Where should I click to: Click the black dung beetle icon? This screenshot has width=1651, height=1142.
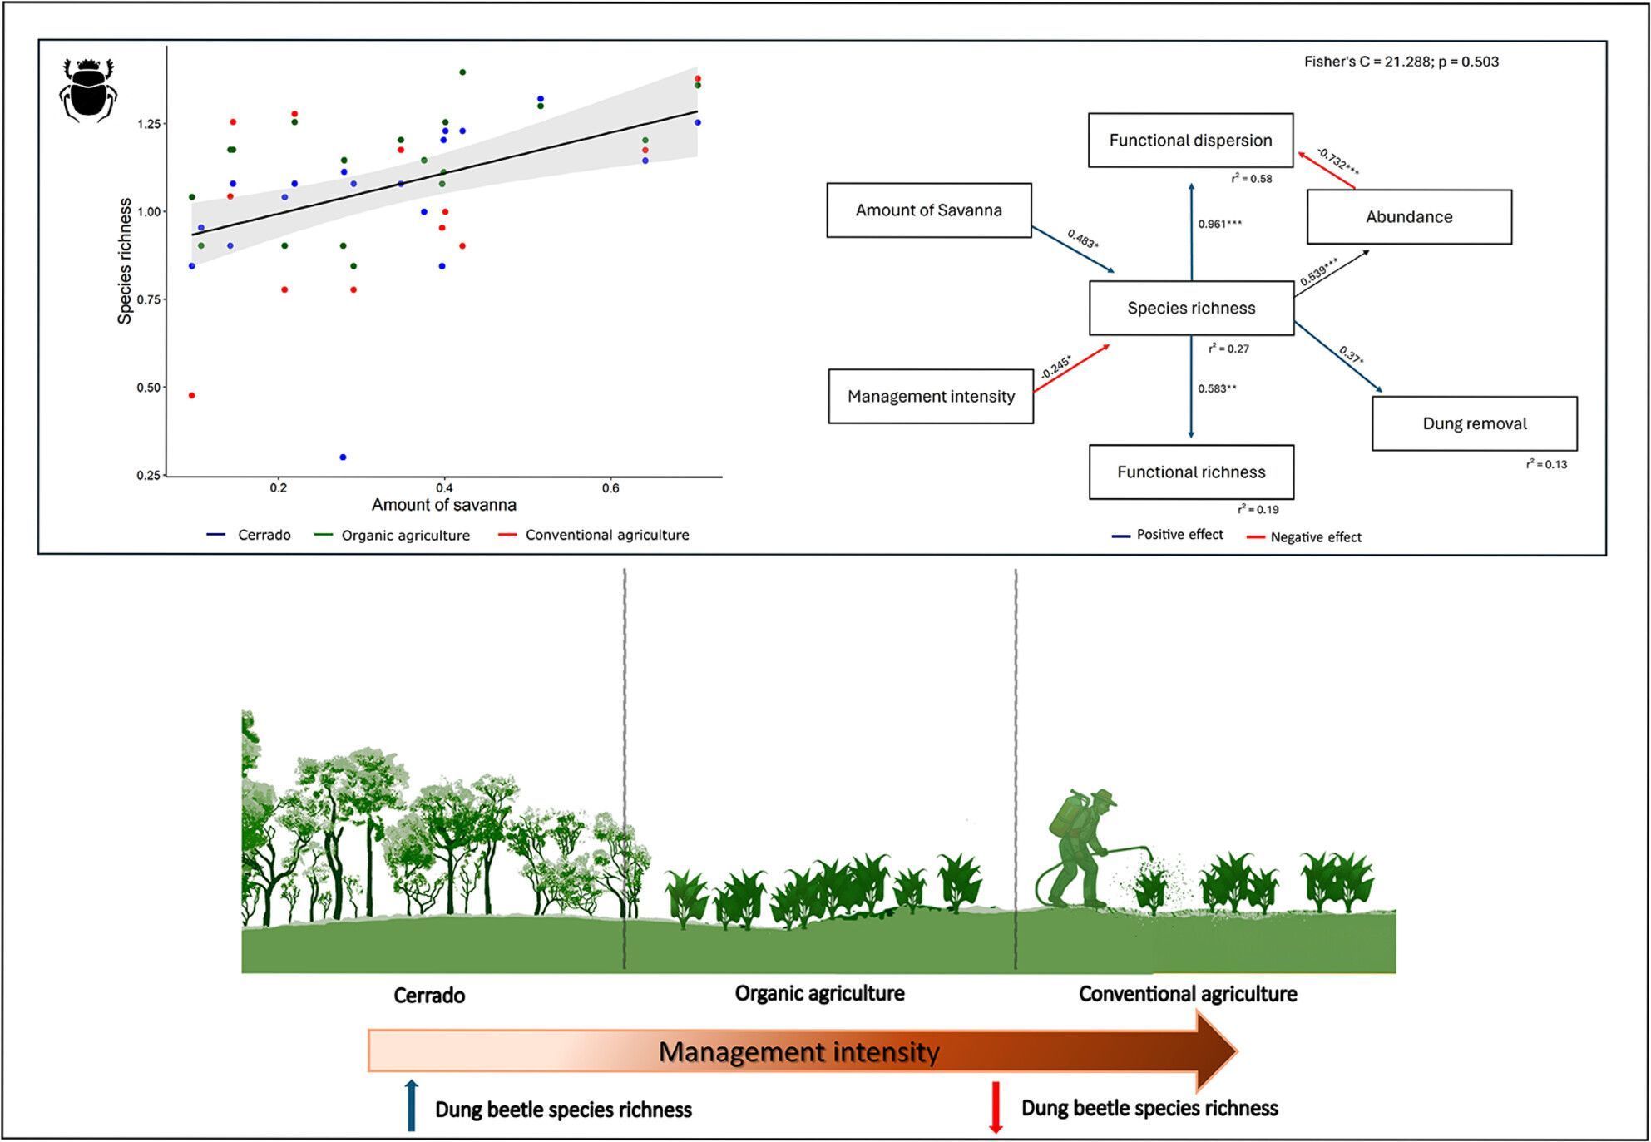[x=88, y=90]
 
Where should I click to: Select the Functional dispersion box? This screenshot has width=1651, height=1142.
[x=1190, y=141]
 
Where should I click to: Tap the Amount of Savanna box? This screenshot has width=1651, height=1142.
[x=928, y=210]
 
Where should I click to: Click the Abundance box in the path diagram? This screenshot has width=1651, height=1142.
[x=1408, y=217]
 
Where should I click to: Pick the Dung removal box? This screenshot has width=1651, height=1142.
[x=1474, y=423]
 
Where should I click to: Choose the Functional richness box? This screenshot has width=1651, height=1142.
[x=1190, y=472]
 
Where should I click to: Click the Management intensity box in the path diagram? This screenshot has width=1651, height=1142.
[x=930, y=397]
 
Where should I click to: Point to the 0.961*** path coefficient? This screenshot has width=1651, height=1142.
[x=1219, y=224]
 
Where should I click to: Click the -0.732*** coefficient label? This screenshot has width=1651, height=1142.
[x=1338, y=161]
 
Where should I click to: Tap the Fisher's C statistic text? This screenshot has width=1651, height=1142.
[x=1401, y=62]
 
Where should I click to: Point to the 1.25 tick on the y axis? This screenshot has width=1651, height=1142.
[x=149, y=124]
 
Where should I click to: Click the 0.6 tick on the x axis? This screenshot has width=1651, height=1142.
[x=610, y=488]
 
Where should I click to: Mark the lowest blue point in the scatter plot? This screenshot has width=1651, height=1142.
[x=343, y=457]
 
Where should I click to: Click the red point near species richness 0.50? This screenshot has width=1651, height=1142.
[x=192, y=396]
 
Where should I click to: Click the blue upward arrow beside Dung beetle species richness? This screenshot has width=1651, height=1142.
[x=411, y=1105]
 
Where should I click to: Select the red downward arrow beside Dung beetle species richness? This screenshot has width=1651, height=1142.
[x=995, y=1107]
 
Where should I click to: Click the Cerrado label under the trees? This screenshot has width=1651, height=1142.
[x=428, y=996]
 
